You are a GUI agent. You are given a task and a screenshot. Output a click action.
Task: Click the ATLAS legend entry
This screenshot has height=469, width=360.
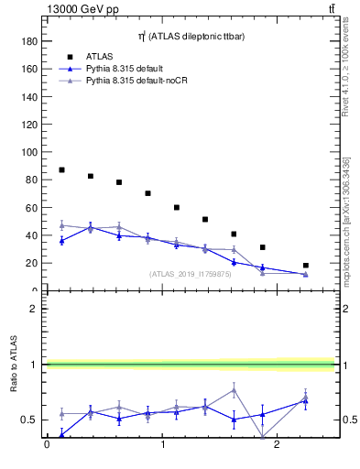pyautogui.click(x=102, y=56)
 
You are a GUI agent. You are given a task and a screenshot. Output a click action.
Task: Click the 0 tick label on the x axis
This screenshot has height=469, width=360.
pyautogui.click(x=47, y=445)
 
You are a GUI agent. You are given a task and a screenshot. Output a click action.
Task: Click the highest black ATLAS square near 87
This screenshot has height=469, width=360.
pyautogui.click(x=61, y=169)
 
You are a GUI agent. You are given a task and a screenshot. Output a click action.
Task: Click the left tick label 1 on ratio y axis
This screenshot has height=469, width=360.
pyautogui.click(x=33, y=365)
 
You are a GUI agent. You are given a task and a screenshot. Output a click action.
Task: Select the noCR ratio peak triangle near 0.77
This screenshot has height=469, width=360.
pyautogui.click(x=235, y=390)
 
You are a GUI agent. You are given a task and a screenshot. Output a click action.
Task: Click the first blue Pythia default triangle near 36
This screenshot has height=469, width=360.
pyautogui.click(x=61, y=240)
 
